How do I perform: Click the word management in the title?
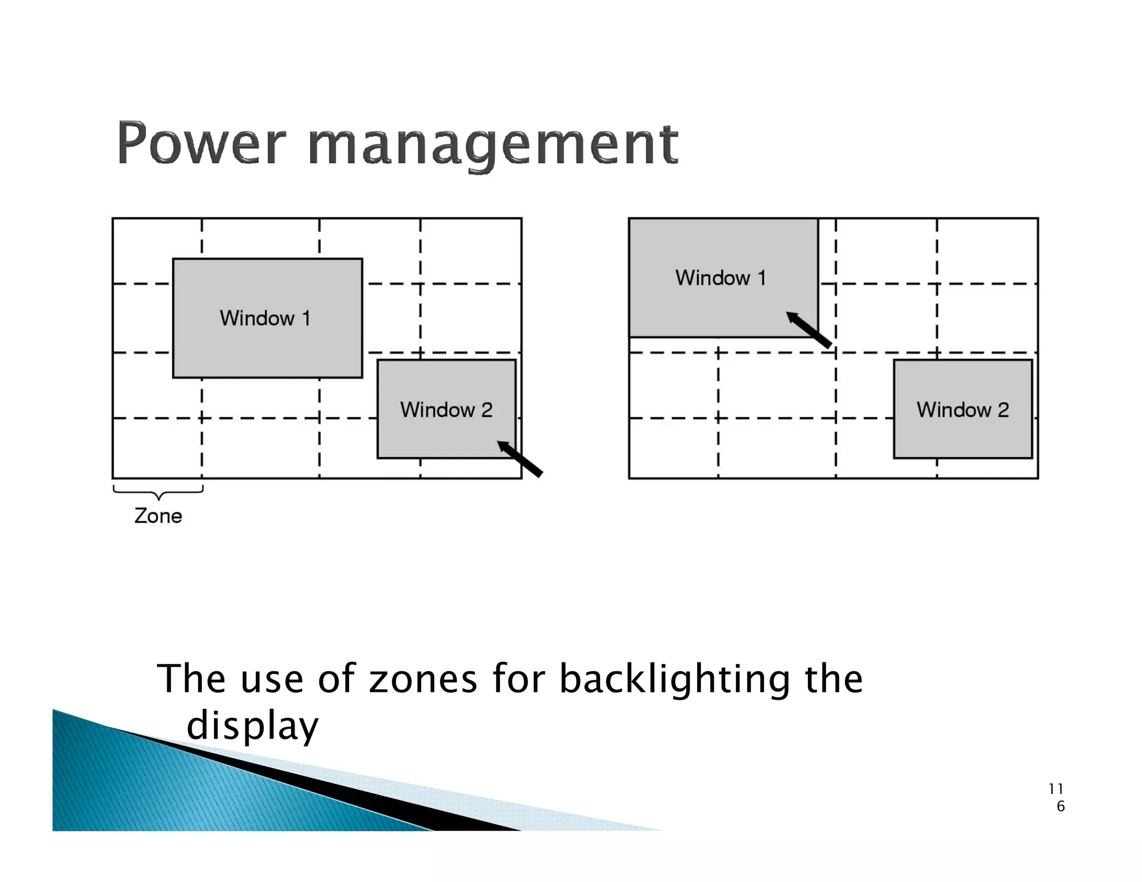point(493,145)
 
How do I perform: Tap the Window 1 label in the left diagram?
point(264,318)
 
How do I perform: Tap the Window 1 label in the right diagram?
point(720,278)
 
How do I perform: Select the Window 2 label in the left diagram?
point(446,410)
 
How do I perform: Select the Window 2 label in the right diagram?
point(962,410)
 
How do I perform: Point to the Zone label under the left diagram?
point(158,516)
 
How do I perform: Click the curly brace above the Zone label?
point(158,492)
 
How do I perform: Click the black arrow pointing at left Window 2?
point(520,459)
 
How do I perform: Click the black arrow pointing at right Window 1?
point(809,329)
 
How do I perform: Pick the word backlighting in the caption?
point(674,679)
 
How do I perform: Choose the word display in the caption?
point(252,726)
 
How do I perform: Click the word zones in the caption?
point(423,679)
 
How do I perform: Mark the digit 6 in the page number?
point(1061,806)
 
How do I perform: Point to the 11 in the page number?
point(1056,789)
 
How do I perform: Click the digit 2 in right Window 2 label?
point(1003,410)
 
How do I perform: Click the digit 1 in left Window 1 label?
point(306,318)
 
